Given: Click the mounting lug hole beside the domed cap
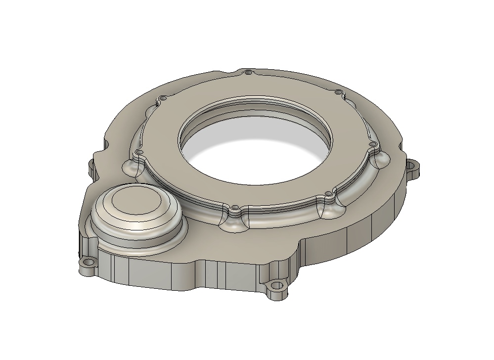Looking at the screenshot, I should click(x=89, y=263).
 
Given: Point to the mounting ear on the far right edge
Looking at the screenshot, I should click(x=414, y=168).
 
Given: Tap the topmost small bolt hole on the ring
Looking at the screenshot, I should click(x=248, y=73).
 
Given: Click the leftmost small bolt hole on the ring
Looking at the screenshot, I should click(x=139, y=152).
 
